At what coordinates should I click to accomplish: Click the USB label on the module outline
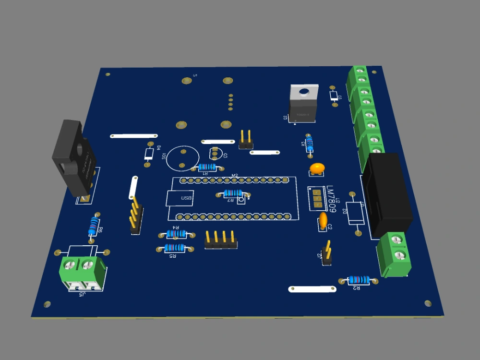[186, 198]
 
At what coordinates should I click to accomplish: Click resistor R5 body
[174, 248]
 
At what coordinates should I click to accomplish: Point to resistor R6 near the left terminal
[94, 225]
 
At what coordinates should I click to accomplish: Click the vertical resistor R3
[310, 143]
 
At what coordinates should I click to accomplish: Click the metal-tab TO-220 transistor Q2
[303, 103]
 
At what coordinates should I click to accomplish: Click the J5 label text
[82, 294]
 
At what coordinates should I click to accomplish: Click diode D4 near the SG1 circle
[149, 154]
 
